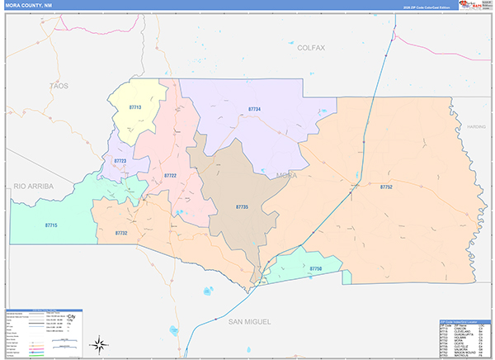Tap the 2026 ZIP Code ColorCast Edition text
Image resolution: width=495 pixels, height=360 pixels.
tap(427, 6)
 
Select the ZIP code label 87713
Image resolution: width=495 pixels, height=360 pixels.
tap(135, 107)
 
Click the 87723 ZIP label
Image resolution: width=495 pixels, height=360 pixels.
tap(120, 161)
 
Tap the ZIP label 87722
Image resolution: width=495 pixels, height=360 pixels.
tap(170, 175)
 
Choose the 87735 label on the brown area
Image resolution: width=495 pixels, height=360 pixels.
tap(242, 206)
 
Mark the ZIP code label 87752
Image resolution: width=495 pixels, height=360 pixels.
tap(386, 187)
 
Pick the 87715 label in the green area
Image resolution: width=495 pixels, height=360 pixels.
tap(51, 224)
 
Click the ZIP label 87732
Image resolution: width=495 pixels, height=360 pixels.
tap(121, 234)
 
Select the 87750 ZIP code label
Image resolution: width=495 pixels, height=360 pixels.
tap(316, 269)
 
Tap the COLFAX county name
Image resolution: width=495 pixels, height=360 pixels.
tap(311, 48)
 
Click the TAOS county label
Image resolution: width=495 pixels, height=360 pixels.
tap(59, 85)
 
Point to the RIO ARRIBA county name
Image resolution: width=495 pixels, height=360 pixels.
tap(33, 187)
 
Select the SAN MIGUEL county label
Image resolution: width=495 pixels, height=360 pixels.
tap(252, 320)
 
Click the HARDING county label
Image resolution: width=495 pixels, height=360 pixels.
tap(476, 127)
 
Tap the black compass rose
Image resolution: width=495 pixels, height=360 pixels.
tap(100, 343)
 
